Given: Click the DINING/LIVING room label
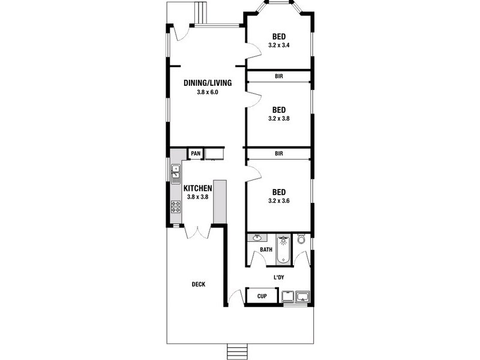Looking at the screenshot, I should [206, 83].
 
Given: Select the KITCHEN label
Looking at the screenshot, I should [198, 188].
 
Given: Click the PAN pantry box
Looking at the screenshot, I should [196, 154].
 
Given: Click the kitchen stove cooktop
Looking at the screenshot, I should [176, 207].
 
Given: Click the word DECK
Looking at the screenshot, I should [198, 284].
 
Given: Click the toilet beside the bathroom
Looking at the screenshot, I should [301, 240].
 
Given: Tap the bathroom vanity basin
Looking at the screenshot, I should [257, 238].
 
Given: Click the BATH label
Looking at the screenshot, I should [266, 250].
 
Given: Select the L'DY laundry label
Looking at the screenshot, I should [278, 277].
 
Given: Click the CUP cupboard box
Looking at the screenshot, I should [262, 296].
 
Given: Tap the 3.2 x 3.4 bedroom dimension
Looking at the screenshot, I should [279, 45].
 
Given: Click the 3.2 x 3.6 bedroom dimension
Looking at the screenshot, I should [279, 201].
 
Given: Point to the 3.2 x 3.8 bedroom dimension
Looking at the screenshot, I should [279, 119].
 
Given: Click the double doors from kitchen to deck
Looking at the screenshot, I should [197, 231].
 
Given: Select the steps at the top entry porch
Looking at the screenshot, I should [200, 12].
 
